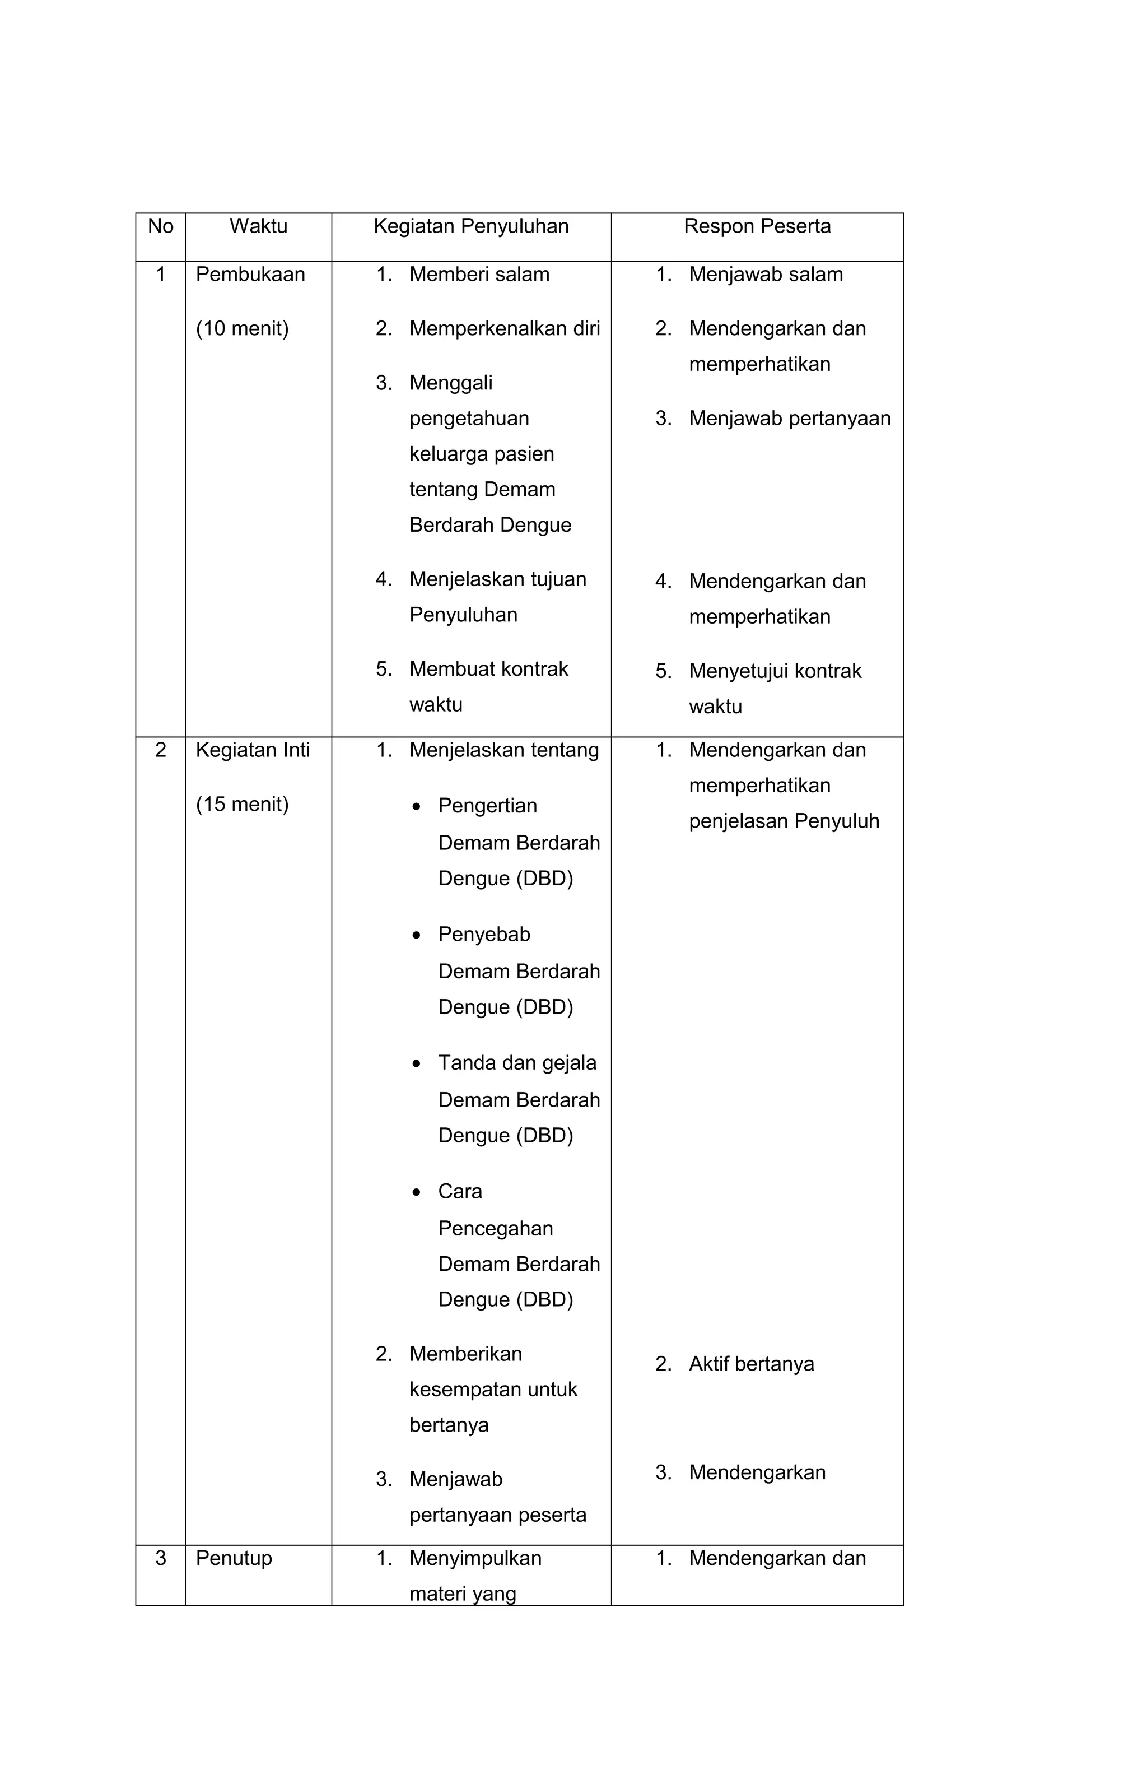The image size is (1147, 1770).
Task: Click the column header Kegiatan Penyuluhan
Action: (470, 226)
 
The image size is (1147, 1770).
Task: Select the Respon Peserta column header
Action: (757, 226)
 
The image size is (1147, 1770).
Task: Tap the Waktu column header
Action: (258, 226)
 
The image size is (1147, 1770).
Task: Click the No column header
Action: (161, 226)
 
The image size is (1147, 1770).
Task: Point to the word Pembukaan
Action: (250, 275)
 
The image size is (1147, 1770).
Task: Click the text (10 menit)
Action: (241, 329)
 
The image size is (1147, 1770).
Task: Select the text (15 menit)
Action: (241, 804)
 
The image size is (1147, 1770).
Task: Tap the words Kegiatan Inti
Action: (252, 750)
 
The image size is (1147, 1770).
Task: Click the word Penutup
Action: (234, 1558)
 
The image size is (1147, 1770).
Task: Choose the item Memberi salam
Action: (479, 275)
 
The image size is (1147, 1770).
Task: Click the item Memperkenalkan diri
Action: (504, 329)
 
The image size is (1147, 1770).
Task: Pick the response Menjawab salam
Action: (766, 275)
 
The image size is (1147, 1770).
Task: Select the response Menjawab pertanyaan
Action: (790, 419)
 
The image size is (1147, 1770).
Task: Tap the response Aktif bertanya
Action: (751, 1364)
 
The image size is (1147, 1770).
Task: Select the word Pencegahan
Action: (495, 1229)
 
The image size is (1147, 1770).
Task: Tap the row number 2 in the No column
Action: (161, 750)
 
